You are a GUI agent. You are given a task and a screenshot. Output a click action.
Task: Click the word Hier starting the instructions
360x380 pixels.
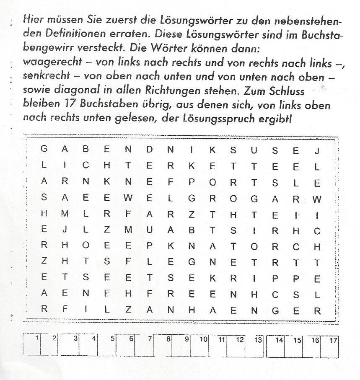pyautogui.click(x=33, y=19)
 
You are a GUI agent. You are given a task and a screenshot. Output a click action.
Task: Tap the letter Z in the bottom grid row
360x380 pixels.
pyautogui.click(x=128, y=311)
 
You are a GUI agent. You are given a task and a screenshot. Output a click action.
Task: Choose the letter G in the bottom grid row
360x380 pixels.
pyautogui.click(x=275, y=311)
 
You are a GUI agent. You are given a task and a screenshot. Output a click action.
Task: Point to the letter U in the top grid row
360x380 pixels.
pyautogui.click(x=254, y=149)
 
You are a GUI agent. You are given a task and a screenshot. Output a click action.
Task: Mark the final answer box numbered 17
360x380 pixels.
pyautogui.click(x=329, y=346)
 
